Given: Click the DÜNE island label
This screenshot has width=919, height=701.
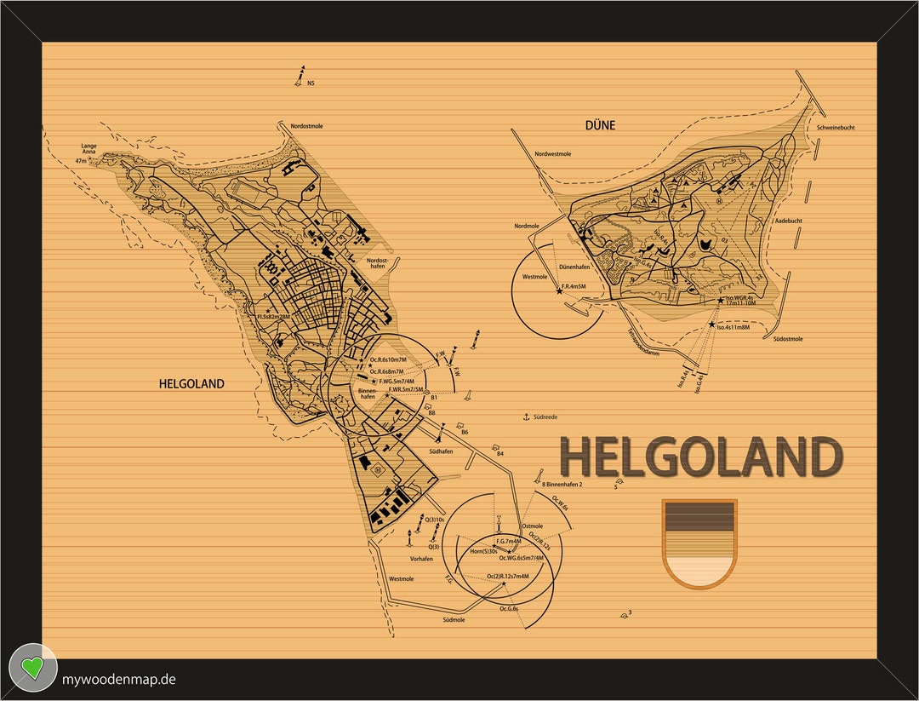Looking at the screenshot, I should (x=600, y=125).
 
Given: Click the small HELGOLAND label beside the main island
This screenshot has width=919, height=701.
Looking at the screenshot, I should (x=191, y=384).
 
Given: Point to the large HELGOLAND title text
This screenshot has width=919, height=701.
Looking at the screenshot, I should (x=700, y=457).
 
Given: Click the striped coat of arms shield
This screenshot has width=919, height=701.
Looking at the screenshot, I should (x=699, y=543).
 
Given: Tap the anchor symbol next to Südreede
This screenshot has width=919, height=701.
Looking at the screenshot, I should (x=526, y=417).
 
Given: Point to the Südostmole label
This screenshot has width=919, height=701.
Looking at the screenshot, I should (x=788, y=339).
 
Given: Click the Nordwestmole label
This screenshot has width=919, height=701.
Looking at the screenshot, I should (x=553, y=154).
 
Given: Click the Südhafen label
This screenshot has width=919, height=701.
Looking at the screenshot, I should (x=441, y=451).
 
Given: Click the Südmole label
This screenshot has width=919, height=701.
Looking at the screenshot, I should (x=454, y=620).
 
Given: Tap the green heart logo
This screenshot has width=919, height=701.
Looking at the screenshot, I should (x=32, y=668).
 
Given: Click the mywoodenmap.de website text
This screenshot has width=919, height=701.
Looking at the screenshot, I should (x=119, y=679).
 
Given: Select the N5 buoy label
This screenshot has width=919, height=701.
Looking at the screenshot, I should (x=311, y=83).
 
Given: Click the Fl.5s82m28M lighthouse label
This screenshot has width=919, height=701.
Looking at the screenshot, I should (x=273, y=316).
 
